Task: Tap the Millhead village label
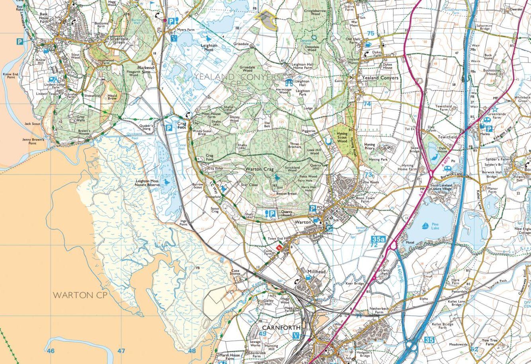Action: pos(317,272)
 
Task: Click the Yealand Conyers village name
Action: pos(380,78)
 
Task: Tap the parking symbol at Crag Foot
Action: pos(169,128)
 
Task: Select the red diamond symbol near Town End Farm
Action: pos(280,248)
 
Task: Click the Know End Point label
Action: pos(10,76)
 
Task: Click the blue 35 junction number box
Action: pos(429,340)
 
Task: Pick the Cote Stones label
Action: pos(235,272)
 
